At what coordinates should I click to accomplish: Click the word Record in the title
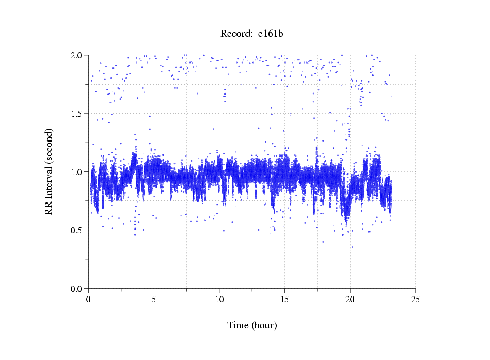[235, 34]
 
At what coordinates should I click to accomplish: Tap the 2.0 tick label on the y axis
[78, 55]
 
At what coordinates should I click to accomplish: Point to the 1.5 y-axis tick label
[78, 113]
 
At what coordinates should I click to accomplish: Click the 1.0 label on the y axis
[78, 171]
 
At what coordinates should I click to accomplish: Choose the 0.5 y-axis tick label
[78, 230]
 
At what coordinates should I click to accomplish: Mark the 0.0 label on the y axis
[78, 288]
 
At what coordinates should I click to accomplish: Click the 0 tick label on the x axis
[89, 299]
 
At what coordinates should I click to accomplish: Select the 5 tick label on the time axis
[154, 299]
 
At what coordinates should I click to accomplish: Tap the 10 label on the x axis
[219, 299]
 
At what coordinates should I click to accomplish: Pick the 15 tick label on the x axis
[284, 299]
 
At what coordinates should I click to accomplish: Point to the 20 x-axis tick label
[350, 299]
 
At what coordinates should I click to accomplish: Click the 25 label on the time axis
[415, 299]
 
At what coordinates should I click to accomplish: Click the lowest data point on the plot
[353, 247]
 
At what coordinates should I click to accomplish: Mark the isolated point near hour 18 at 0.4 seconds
[323, 242]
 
